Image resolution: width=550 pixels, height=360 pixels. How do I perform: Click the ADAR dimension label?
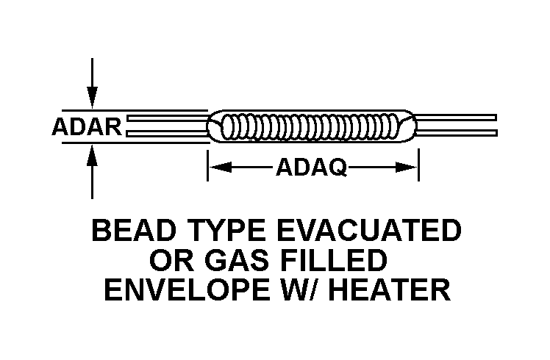[x=87, y=127]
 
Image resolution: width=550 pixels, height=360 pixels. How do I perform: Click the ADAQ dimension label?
[x=311, y=169]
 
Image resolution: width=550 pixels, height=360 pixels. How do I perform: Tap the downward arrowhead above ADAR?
[x=92, y=98]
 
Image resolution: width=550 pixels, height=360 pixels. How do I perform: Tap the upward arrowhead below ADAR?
[x=92, y=154]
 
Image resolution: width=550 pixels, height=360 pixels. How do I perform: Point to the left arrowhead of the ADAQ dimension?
[x=218, y=168]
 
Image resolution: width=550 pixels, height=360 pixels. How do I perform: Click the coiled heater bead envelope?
[x=312, y=126]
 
